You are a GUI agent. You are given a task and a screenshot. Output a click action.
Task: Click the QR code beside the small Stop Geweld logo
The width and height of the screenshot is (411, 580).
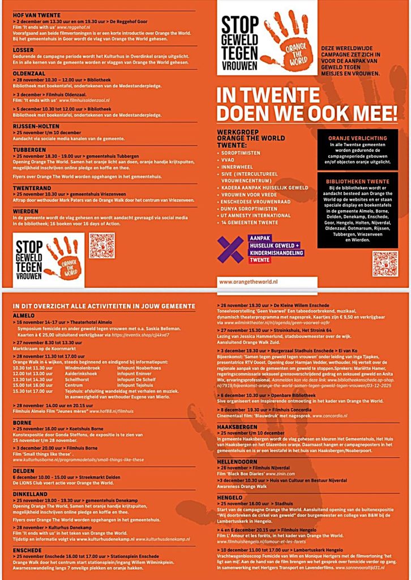coord(102,246)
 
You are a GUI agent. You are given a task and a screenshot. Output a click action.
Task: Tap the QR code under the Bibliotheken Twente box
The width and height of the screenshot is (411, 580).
coord(385,263)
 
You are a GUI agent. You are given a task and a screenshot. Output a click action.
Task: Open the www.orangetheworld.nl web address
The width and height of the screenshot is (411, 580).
coord(249,281)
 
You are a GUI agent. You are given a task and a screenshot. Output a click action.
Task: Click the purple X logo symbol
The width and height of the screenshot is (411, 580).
coord(230,249)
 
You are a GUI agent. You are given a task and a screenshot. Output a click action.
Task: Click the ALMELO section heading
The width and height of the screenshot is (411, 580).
coord(24,315)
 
